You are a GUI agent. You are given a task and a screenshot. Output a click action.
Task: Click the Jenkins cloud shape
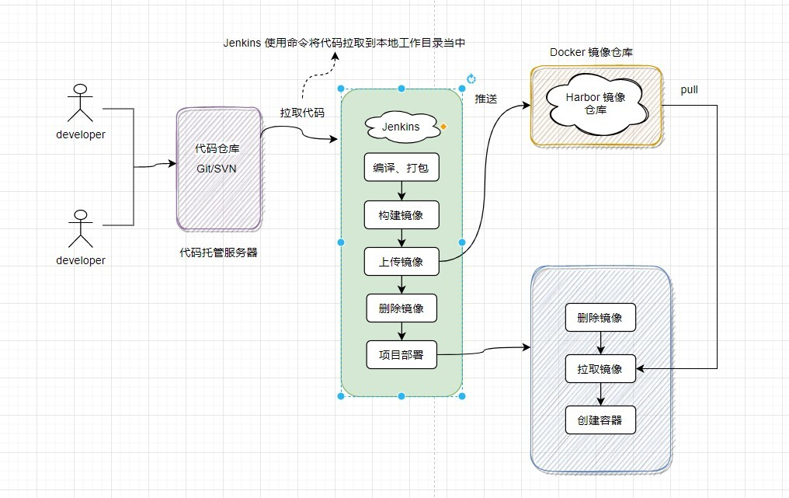coord(401,127)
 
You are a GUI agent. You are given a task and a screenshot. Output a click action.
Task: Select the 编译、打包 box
coord(401,167)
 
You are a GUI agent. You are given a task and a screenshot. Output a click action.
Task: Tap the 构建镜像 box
coord(401,214)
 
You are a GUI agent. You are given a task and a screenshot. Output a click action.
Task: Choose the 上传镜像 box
coord(401,261)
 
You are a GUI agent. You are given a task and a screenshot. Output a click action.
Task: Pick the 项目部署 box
coord(401,355)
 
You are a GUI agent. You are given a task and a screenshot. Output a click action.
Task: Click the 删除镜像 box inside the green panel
coord(401,308)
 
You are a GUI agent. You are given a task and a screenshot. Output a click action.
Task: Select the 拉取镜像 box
coord(600,368)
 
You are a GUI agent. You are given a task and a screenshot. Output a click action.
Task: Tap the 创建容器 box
coord(600,420)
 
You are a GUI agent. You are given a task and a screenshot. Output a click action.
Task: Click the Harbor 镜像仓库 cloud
coord(596,103)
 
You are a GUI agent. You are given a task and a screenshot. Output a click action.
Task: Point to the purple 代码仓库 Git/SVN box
coord(218,169)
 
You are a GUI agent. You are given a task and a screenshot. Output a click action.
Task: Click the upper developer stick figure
coord(79,103)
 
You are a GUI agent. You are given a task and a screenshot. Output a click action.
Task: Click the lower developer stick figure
coord(79,228)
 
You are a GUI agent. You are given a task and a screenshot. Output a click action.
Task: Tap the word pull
coord(690,90)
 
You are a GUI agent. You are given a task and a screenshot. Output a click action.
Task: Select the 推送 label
coord(486,99)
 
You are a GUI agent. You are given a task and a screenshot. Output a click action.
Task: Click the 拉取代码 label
coord(302,113)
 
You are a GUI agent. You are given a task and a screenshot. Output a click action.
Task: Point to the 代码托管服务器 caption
coord(218,252)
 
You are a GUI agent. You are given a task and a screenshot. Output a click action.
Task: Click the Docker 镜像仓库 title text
coord(591,52)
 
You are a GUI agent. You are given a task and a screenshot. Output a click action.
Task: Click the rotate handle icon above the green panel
coord(471,78)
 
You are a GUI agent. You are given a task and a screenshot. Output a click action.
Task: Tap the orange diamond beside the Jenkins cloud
coord(443,126)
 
